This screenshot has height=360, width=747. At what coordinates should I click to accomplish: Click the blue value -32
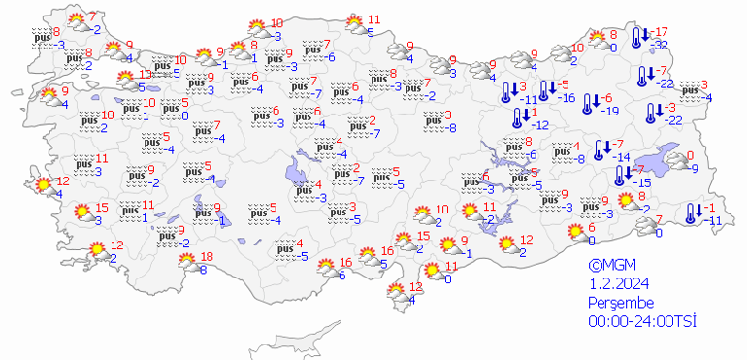(663, 45)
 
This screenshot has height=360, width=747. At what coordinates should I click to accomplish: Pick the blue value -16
(567, 97)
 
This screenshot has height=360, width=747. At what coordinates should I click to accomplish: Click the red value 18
(206, 256)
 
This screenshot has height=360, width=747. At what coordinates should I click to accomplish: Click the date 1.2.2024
(617, 282)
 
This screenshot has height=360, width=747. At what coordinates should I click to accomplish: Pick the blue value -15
(641, 182)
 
